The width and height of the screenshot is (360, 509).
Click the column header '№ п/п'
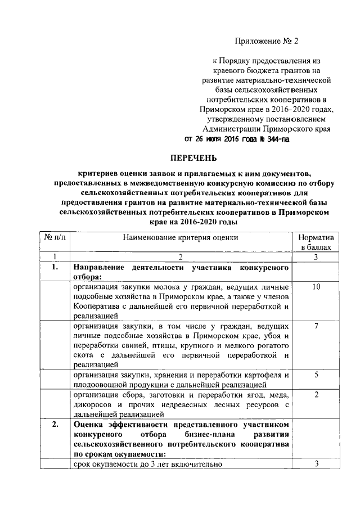tap(54, 238)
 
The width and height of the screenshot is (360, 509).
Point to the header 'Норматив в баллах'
tap(316, 242)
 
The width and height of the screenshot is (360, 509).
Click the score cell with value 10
tap(316, 287)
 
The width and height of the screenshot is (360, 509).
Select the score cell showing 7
tap(316, 326)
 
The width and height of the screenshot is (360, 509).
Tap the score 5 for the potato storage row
tap(316, 375)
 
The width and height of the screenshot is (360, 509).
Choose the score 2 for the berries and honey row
tap(316, 395)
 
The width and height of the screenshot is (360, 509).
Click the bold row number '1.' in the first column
tap(55, 267)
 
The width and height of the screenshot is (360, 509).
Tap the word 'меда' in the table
tap(279, 395)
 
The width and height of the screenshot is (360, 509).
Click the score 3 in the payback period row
tap(316, 464)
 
